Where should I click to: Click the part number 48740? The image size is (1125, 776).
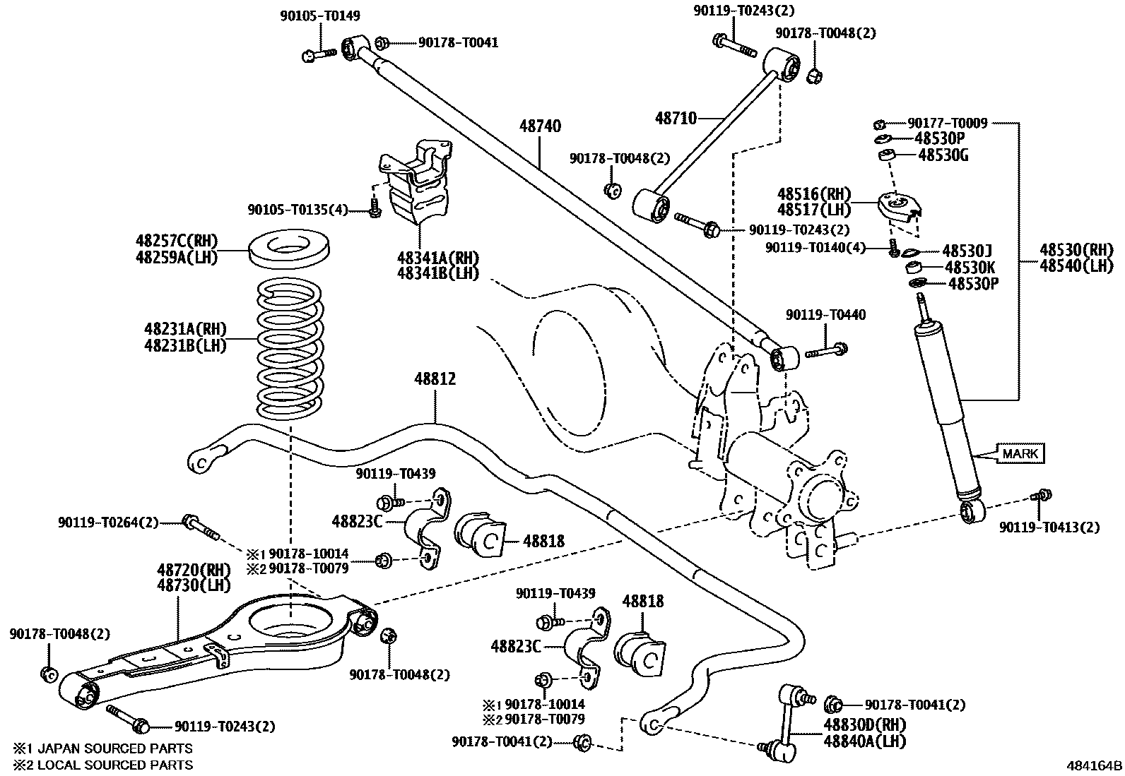[540, 126]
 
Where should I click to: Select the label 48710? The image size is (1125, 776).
[676, 118]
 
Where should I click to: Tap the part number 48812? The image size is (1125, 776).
[435, 379]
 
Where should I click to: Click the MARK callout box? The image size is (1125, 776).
[1020, 453]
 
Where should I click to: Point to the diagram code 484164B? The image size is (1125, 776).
[1094, 765]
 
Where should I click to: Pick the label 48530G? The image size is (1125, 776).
[943, 155]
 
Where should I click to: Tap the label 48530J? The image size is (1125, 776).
[967, 251]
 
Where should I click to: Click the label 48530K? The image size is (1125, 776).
[970, 268]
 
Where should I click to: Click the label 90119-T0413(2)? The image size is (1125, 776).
[1049, 527]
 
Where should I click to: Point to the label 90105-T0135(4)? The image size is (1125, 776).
[298, 209]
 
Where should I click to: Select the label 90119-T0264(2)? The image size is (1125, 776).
[108, 523]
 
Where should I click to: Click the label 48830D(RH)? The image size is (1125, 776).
[864, 725]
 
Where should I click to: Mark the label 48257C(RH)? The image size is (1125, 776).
[177, 240]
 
